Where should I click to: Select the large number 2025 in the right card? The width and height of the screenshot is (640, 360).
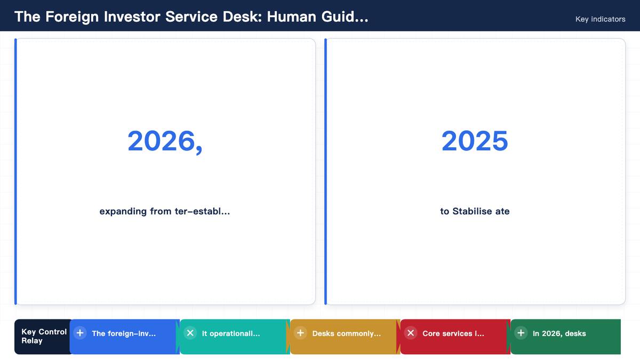[x=475, y=141]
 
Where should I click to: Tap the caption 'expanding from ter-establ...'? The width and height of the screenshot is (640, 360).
[x=165, y=211]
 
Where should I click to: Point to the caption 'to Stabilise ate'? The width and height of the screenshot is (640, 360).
[x=475, y=211]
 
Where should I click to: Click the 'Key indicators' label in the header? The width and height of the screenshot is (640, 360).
[x=601, y=19]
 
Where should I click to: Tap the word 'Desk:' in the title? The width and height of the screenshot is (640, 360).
[x=242, y=17]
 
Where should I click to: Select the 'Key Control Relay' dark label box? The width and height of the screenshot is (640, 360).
[x=43, y=337]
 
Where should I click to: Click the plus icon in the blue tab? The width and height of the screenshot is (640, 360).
[x=80, y=333]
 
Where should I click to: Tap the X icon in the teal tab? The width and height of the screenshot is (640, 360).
[x=190, y=333]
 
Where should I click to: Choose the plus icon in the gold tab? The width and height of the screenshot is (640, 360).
[x=300, y=333]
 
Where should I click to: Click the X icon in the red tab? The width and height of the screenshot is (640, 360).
[x=411, y=333]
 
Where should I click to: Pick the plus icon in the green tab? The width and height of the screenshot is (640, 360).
[x=521, y=333]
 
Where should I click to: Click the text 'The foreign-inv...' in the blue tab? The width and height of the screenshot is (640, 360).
[x=124, y=333]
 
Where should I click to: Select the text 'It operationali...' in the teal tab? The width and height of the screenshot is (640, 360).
[x=231, y=333]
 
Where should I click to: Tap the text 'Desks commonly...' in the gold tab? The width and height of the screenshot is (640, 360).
[x=347, y=333]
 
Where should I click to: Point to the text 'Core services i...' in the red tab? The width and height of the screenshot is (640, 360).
[x=453, y=333]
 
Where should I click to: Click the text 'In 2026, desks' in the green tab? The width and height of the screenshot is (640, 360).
[x=559, y=333]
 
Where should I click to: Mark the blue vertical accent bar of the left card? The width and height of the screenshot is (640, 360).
[x=15, y=171]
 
